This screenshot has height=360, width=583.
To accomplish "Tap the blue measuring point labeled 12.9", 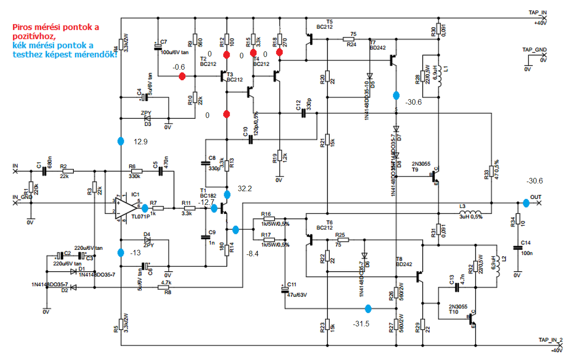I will coord(121,141).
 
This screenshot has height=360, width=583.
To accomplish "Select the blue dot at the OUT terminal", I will coord(526,203).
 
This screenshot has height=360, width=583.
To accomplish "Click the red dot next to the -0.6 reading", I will coord(182,76).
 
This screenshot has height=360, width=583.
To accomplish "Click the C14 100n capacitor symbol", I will coord(517,248).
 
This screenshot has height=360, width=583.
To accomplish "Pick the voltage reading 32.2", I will coord(245,188).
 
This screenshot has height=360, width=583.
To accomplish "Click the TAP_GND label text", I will coord(534,50).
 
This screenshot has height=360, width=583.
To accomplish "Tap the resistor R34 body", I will coord(517,222).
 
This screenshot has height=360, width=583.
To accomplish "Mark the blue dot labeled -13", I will coord(121,253).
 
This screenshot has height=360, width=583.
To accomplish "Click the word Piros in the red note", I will coord(22,27).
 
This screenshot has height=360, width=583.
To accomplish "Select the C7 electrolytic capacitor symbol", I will coord(158,46).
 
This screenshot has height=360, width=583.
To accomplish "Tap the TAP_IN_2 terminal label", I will coord(551,340).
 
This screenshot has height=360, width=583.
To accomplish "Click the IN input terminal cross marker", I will coord(16,172).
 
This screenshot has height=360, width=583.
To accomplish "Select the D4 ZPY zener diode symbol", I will coord(147,239).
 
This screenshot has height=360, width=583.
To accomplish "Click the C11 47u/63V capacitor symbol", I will coord(285,288).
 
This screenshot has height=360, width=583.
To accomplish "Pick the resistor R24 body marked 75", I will coord(352,40).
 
